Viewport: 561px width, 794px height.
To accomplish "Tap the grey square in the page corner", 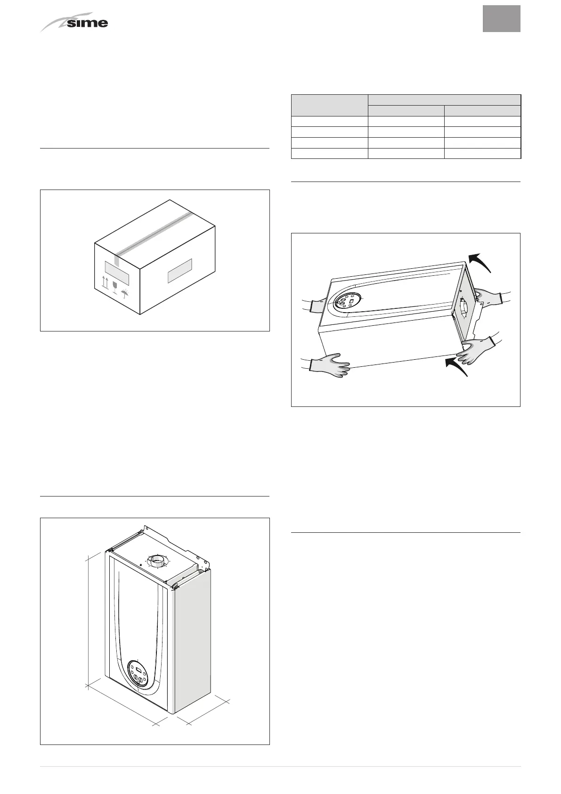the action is tap(501, 19).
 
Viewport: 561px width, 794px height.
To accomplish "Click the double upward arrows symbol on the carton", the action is tap(105, 282).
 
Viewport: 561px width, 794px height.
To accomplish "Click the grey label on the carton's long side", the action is tap(180, 271).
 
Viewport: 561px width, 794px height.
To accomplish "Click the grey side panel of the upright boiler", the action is tap(192, 641).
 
